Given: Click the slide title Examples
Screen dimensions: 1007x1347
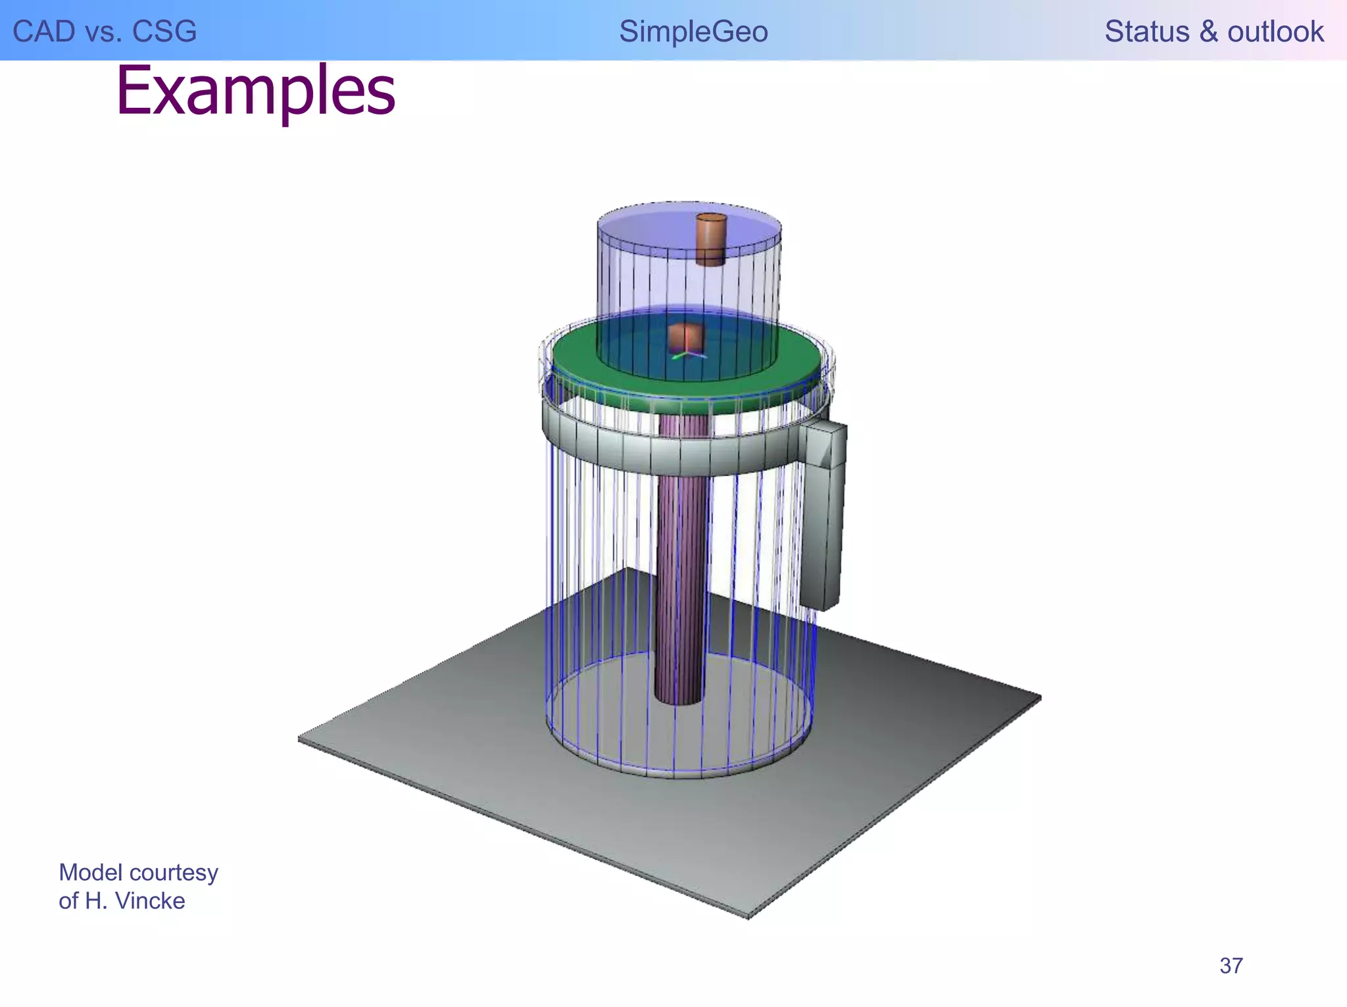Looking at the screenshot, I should tap(256, 91).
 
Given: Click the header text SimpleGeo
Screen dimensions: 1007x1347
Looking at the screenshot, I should tap(693, 32).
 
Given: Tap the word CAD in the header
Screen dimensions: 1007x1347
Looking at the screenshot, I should tap(43, 32).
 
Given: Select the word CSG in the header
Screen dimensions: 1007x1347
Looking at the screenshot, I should tap(164, 32).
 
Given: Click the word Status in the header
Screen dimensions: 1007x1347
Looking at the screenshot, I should tap(1146, 32).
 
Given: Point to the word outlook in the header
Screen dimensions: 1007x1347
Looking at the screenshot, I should tap(1275, 32).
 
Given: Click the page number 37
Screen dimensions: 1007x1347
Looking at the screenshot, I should tap(1231, 966).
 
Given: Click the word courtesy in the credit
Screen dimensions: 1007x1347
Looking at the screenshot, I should tap(175, 873).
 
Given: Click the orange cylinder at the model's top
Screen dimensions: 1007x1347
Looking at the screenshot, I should tap(711, 238).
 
